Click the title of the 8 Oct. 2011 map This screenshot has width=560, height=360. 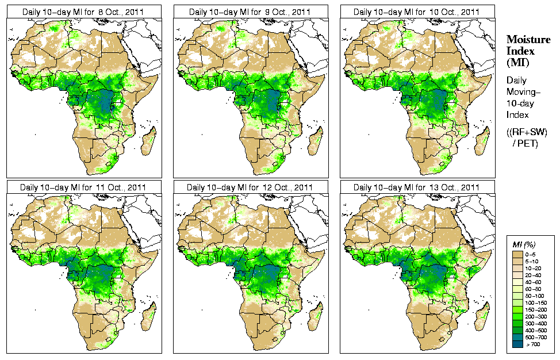(83, 12)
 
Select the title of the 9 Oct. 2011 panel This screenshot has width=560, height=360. (250, 12)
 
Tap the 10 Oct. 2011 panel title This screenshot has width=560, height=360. (416, 12)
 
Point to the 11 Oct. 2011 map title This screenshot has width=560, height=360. (83, 187)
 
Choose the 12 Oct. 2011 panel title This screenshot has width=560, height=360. (250, 187)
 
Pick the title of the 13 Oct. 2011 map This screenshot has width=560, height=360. (416, 187)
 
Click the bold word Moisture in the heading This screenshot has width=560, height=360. (525, 39)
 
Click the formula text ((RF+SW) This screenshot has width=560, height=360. (527, 132)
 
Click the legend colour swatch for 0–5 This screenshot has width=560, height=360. (517, 254)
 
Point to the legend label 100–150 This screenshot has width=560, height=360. (538, 302)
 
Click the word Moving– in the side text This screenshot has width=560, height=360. (522, 92)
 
